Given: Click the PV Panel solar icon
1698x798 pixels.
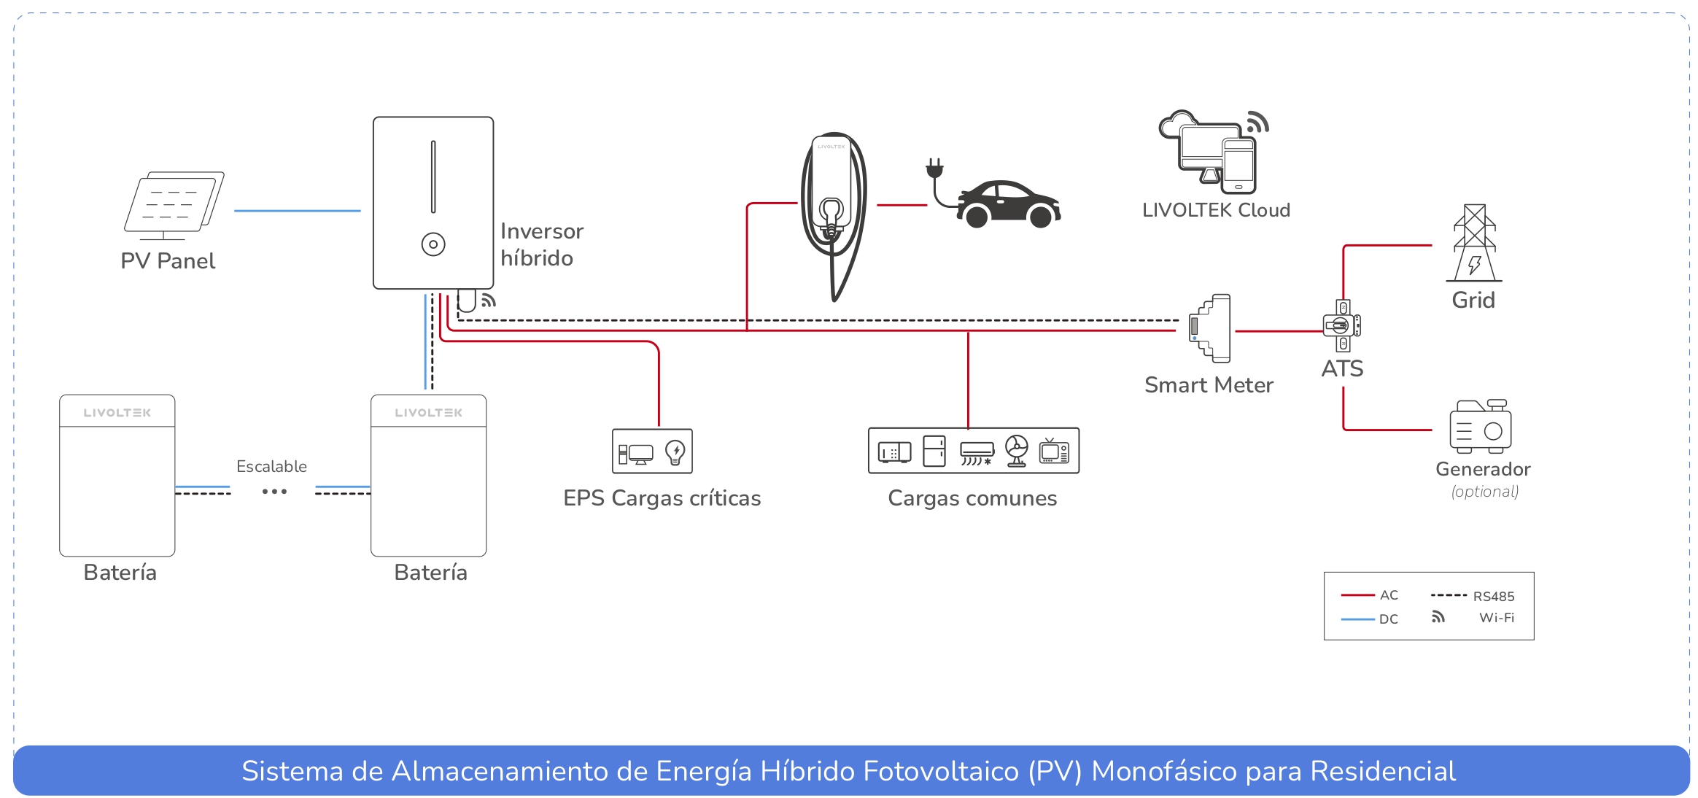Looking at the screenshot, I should pyautogui.click(x=174, y=205).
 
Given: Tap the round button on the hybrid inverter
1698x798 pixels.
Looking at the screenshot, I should pyautogui.click(x=433, y=244).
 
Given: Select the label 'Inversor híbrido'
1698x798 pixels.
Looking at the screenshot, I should pyautogui.click(x=541, y=244).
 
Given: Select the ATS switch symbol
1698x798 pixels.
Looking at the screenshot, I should pyautogui.click(x=1342, y=325).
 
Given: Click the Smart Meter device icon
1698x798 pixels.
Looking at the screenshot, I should pyautogui.click(x=1210, y=328).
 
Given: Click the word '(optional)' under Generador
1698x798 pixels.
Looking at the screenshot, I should pyautogui.click(x=1484, y=492).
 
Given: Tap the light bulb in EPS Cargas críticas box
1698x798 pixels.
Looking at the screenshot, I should pyautogui.click(x=675, y=452).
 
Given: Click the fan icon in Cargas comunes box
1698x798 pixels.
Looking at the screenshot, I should pyautogui.click(x=1016, y=451).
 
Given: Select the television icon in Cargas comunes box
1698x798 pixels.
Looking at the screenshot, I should pyautogui.click(x=1054, y=452).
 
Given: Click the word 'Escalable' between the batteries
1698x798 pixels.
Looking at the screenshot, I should pyautogui.click(x=271, y=466).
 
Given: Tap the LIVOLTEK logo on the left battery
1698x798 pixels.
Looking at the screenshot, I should pyautogui.click(x=117, y=413).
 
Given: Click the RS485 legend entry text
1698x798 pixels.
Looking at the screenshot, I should pyautogui.click(x=1493, y=596).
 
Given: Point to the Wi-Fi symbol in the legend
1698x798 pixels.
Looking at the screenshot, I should pyautogui.click(x=1438, y=617).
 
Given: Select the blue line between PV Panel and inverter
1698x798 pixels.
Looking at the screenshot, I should pyautogui.click(x=297, y=211).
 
